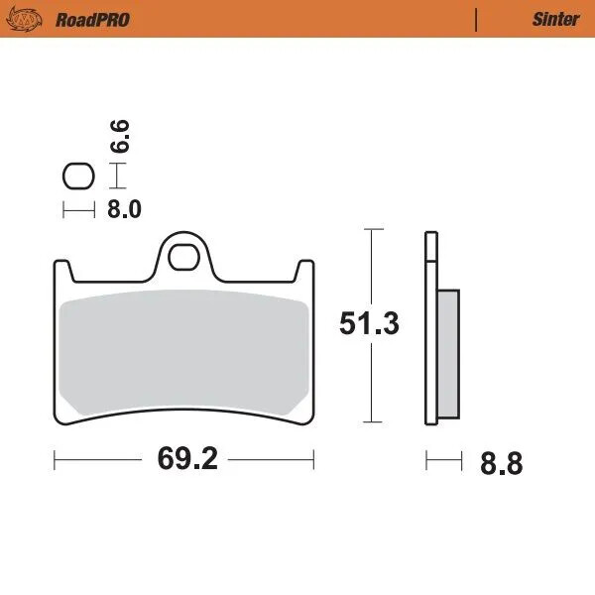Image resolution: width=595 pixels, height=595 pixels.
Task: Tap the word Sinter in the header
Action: pos(555,19)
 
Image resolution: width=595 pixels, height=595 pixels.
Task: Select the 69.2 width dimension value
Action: pos(183,461)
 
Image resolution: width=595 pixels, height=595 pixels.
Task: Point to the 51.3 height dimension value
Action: pos(369,323)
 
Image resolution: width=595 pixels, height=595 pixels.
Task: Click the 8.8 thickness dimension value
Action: pos(499,462)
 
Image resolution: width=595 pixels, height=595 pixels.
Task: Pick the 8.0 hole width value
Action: pos(124,209)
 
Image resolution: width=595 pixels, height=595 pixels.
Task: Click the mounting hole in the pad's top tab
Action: pos(183,258)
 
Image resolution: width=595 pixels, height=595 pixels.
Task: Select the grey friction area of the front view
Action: pos(183,352)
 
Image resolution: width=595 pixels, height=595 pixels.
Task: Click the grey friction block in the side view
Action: pos(447,352)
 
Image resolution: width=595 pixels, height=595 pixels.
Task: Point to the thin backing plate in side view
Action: pos(429,327)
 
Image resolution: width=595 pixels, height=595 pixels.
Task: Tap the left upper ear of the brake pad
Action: pos(61,270)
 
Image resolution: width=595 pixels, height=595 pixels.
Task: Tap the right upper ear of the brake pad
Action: pos(306,270)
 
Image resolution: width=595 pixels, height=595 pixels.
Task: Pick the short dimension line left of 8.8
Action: pos(443,460)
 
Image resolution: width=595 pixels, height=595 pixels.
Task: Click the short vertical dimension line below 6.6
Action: pos(119,177)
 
